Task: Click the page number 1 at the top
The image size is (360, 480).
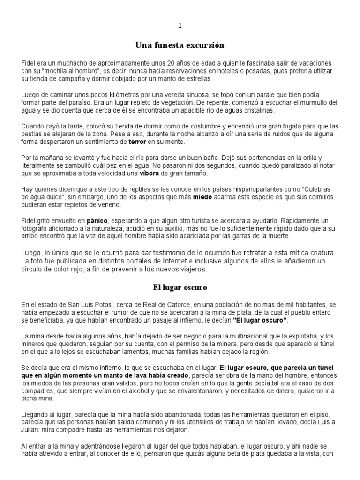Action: [x=180, y=25]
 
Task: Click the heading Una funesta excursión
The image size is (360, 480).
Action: [x=180, y=45]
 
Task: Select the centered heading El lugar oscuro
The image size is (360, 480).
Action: [x=180, y=286]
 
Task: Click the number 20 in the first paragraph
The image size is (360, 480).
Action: [x=172, y=63]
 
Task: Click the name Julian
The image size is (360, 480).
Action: [x=32, y=430]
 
